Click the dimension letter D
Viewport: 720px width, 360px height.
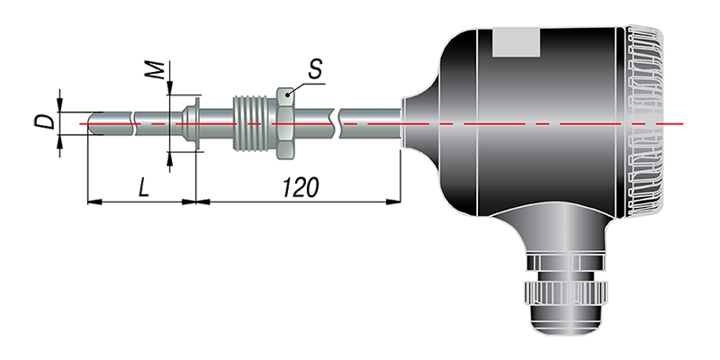(44, 121)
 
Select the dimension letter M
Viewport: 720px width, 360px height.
(156, 69)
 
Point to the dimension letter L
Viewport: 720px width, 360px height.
(144, 188)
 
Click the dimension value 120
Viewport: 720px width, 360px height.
(301, 188)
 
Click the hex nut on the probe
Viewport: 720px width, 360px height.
(284, 123)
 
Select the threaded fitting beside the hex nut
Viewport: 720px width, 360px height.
(255, 123)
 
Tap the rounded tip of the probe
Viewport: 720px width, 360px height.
(93, 123)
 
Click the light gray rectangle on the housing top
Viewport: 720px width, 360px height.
(516, 42)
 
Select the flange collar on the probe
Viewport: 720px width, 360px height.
(192, 123)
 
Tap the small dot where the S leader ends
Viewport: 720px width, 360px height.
(288, 95)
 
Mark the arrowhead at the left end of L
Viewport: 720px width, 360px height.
(94, 202)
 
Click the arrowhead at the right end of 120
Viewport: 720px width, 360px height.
(393, 202)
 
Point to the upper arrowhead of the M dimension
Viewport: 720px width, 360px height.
(170, 88)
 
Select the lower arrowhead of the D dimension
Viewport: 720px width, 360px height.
(59, 142)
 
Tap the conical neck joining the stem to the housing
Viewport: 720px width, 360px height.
(420, 122)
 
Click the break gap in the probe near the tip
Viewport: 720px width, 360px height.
(133, 123)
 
